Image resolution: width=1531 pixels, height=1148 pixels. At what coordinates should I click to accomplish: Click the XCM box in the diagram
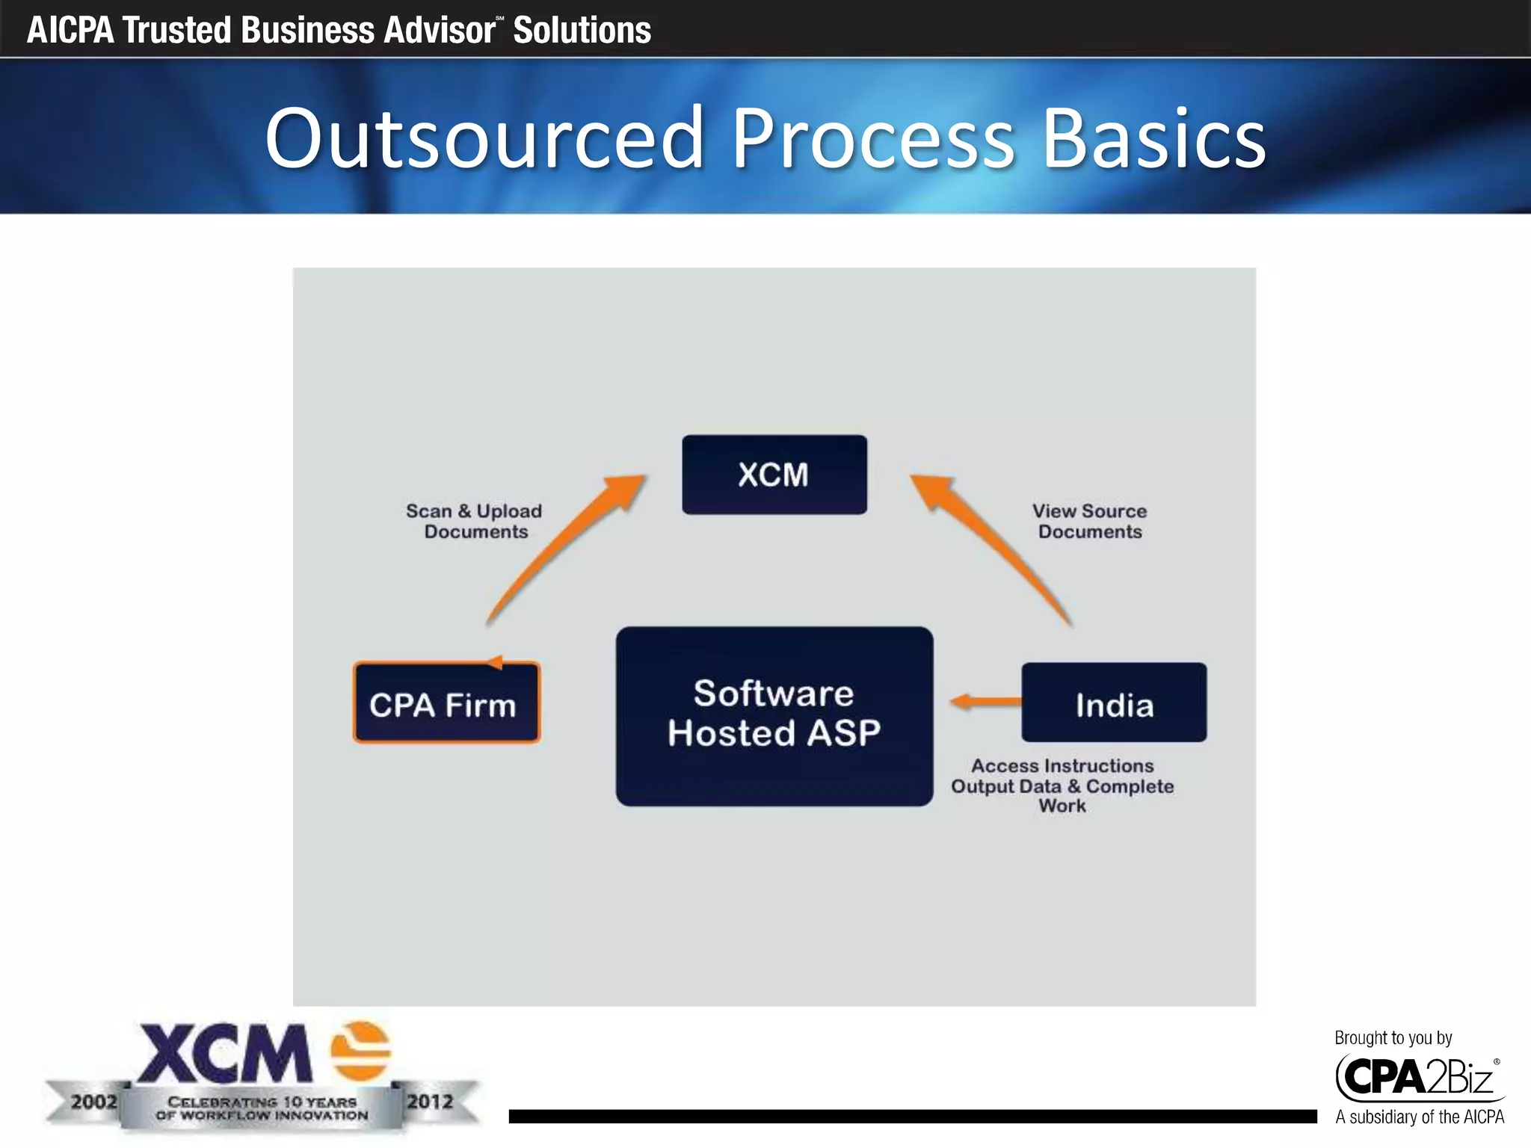tap(774, 475)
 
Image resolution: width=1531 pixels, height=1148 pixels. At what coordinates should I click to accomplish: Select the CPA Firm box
tap(446, 703)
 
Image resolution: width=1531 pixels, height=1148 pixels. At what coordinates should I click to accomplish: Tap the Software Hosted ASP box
tap(774, 715)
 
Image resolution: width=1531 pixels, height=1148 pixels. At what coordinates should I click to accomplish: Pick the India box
tap(1114, 703)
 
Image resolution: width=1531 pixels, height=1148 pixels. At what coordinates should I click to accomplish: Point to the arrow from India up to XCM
tap(994, 549)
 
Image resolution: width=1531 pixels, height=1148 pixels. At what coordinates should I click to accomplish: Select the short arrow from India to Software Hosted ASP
tap(985, 702)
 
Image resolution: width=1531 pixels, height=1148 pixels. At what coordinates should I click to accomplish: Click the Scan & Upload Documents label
tap(475, 521)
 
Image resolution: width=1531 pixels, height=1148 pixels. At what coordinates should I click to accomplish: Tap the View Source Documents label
tap(1089, 521)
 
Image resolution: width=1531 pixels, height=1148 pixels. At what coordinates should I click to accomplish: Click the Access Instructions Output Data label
tap(1062, 785)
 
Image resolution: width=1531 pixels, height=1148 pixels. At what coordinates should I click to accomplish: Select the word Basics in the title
tap(1153, 138)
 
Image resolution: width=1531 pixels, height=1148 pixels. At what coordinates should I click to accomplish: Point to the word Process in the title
tap(872, 138)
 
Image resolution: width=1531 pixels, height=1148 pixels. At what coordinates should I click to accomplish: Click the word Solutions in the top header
tap(582, 30)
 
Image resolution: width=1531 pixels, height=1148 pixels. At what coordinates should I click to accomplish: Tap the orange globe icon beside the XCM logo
tap(361, 1051)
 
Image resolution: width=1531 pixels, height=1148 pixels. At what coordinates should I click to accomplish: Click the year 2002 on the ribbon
tap(94, 1102)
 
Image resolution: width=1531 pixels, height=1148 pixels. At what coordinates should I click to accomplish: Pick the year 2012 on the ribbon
tap(430, 1102)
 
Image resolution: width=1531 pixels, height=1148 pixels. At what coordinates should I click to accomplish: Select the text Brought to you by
tap(1393, 1037)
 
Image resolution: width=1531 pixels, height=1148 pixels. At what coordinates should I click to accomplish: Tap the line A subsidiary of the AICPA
tap(1419, 1117)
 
